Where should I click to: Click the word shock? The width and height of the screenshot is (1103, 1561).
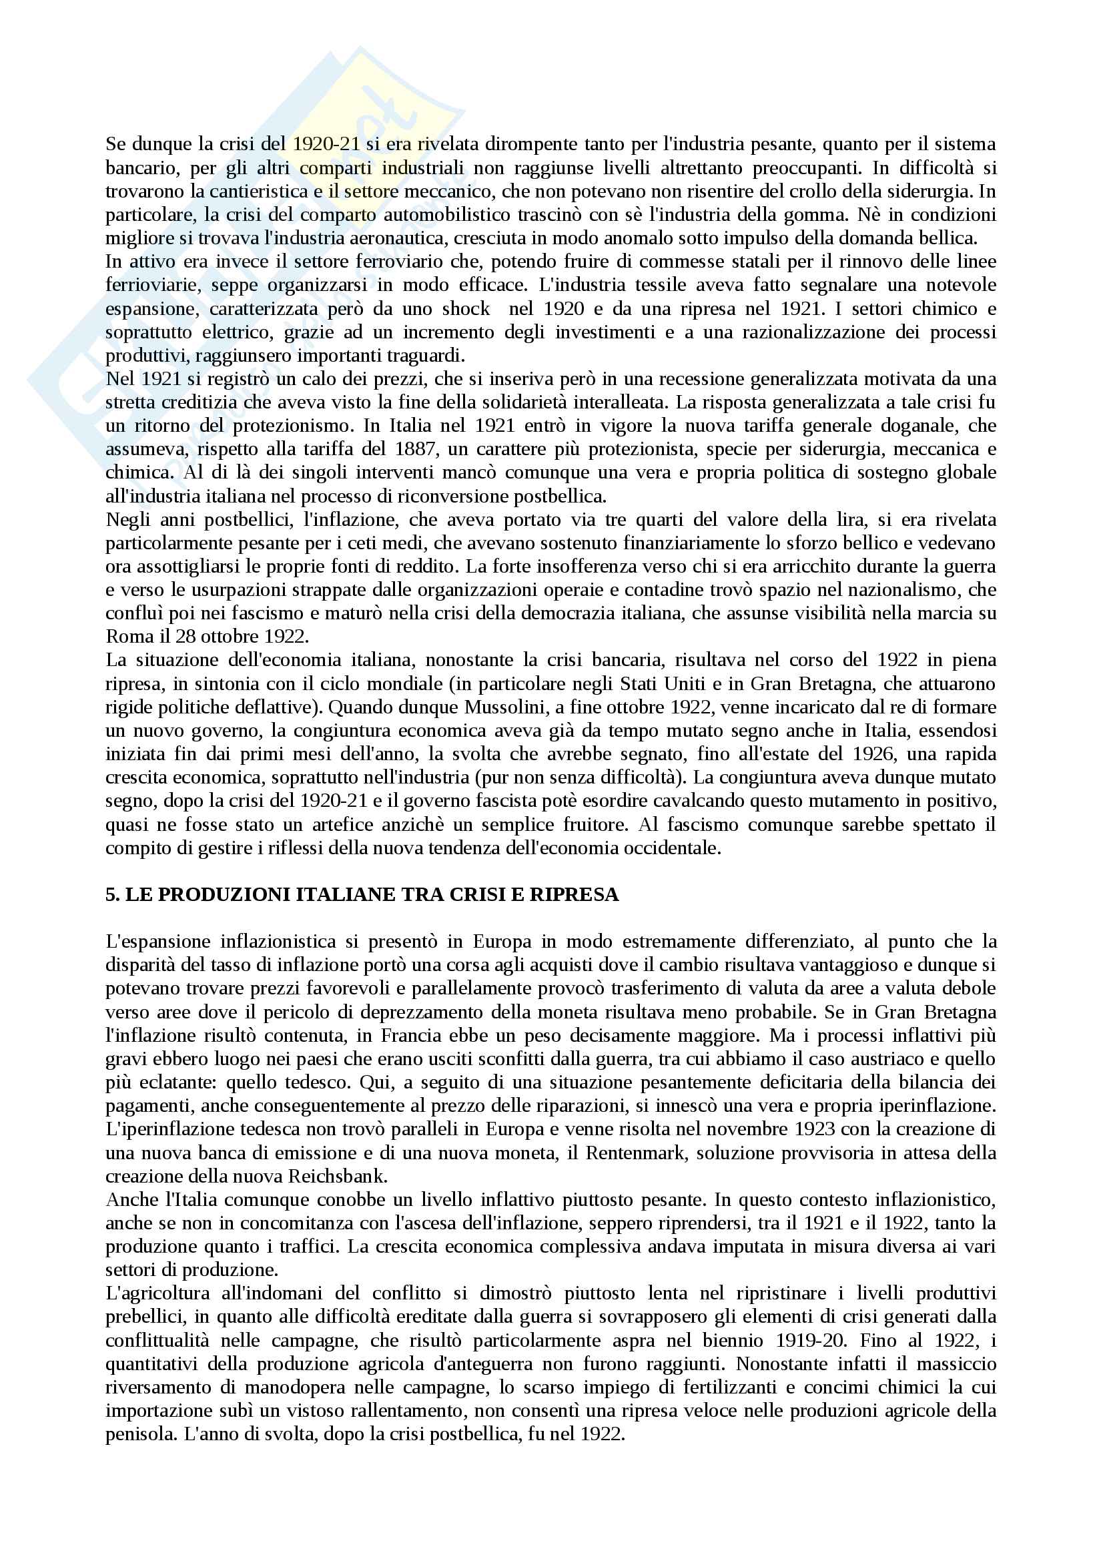(466, 309)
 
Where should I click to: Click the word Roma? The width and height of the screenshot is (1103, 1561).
(125, 637)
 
